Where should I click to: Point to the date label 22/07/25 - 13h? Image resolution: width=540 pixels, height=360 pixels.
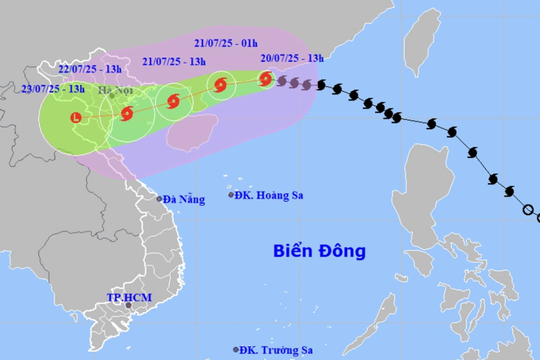click(91, 68)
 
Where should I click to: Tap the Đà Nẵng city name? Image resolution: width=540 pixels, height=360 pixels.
click(184, 199)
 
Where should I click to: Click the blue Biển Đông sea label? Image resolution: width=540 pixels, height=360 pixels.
click(320, 250)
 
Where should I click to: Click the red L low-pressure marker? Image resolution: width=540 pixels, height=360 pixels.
click(75, 119)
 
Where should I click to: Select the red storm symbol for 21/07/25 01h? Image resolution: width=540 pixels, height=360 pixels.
click(220, 86)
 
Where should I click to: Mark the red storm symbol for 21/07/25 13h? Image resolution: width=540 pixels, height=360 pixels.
click(175, 101)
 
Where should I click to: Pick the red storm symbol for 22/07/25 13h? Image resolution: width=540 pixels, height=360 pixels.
click(126, 113)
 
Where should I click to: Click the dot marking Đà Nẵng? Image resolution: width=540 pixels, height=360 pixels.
click(158, 199)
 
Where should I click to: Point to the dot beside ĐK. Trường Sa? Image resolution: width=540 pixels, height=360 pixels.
click(237, 350)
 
